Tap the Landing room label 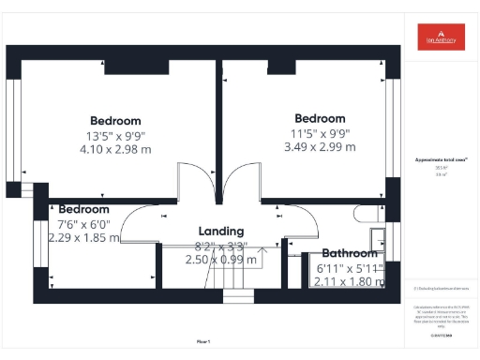point(221,231)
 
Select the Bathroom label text point(349,253)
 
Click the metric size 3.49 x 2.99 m point(322,147)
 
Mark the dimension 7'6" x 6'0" point(83,224)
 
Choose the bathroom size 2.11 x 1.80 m point(349,280)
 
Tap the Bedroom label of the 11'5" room point(321,118)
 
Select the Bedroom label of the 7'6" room point(83,209)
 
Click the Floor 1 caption point(202,339)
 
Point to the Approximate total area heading point(441,161)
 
